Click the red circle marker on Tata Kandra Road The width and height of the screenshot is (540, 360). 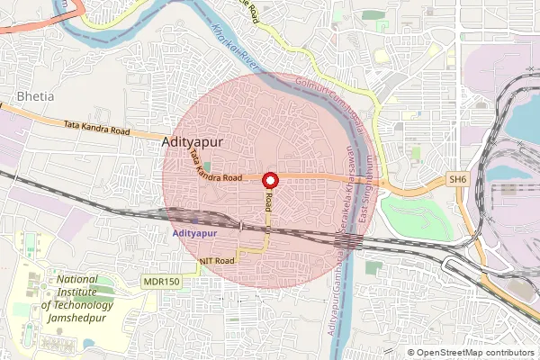(269, 182)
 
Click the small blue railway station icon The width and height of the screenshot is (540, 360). (195, 219)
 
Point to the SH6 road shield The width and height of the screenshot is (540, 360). (459, 180)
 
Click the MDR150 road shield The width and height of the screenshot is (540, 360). (161, 282)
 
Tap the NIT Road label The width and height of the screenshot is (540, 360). (217, 261)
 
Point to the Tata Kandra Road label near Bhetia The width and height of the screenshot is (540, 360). (97, 130)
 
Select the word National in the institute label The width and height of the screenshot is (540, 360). (71, 279)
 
